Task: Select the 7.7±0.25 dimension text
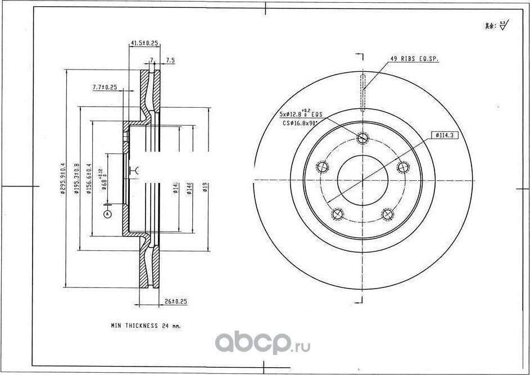(x=104, y=87)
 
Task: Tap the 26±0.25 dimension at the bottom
(x=176, y=301)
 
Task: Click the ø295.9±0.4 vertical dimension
(x=62, y=179)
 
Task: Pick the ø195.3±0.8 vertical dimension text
(x=76, y=179)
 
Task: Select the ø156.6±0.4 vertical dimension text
(x=89, y=179)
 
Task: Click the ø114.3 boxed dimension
(x=443, y=135)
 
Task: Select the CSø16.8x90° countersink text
(x=301, y=122)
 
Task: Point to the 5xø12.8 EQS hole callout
(x=300, y=113)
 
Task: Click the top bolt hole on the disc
(x=363, y=138)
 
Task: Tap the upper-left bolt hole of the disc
(x=323, y=167)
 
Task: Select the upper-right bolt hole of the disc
(x=402, y=167)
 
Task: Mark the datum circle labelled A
(x=108, y=214)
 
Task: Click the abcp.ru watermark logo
(x=263, y=341)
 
